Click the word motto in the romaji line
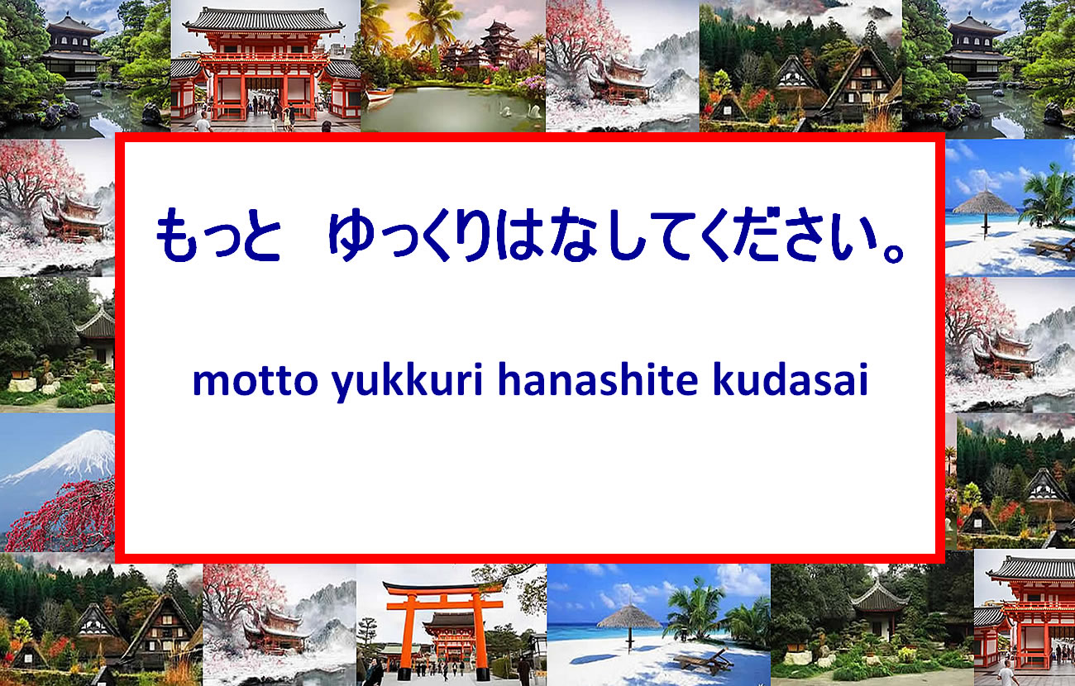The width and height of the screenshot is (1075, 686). [x=255, y=380]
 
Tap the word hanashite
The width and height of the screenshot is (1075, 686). [x=598, y=379]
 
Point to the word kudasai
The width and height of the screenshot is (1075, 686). [x=791, y=379]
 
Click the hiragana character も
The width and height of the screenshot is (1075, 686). [x=177, y=235]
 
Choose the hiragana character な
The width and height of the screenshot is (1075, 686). [x=575, y=235]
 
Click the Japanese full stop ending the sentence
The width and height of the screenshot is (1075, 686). [x=894, y=253]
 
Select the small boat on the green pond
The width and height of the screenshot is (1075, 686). [x=380, y=94]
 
